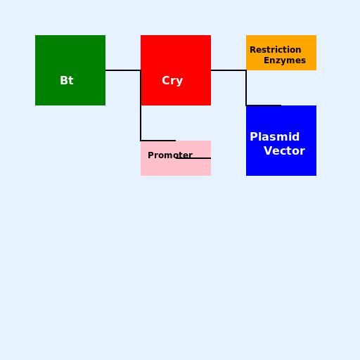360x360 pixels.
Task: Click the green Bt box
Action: tap(70, 70)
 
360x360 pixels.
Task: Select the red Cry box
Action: tap(176, 70)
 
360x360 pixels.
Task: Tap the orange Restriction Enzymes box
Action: tap(281, 53)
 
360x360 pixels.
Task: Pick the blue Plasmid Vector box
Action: tap(281, 141)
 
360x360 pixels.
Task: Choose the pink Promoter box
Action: tap(176, 158)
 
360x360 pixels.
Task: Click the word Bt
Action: tap(67, 80)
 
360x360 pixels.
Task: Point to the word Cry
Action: tap(172, 81)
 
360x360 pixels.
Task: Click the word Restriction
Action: tap(276, 50)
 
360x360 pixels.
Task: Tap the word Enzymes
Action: tap(285, 60)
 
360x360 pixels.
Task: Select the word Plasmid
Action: tap(275, 136)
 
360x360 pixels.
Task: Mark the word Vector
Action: tap(285, 150)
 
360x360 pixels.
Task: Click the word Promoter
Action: tap(170, 155)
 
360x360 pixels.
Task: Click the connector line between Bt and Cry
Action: tap(123, 70)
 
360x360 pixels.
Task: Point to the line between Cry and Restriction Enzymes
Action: tap(229, 70)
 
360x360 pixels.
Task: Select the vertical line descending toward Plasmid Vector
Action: tap(246, 88)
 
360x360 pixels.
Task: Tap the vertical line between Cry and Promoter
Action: tap(141, 105)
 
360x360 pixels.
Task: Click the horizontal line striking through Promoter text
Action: tap(193, 158)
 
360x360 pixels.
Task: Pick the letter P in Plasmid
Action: tap(253, 136)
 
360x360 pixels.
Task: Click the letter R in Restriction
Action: tap(253, 50)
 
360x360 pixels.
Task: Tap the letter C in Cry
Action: tap(165, 80)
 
